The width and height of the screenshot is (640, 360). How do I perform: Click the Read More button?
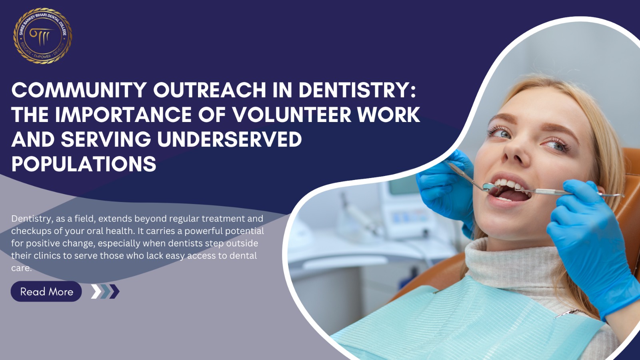(x=46, y=292)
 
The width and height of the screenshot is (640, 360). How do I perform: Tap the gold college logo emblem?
(x=42, y=36)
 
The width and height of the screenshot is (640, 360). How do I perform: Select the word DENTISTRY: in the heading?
(x=357, y=90)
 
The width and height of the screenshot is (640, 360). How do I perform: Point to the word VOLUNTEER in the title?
(x=292, y=115)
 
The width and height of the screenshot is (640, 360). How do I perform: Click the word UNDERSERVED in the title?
(x=230, y=140)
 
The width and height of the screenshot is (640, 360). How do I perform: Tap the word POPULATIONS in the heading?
(x=84, y=164)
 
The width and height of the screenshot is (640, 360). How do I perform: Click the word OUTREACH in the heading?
(x=210, y=90)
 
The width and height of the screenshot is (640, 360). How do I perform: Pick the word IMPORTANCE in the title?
(x=123, y=115)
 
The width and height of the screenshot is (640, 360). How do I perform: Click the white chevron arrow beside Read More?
(x=96, y=292)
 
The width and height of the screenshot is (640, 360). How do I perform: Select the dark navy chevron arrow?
(x=114, y=292)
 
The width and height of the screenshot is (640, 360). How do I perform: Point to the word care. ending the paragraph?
(x=22, y=268)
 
